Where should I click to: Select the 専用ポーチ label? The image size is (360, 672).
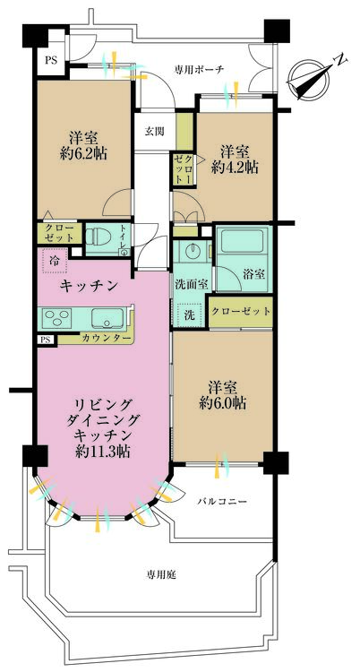coord(199,68)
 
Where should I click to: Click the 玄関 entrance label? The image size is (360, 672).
coord(153,131)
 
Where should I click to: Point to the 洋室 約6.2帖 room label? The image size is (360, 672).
coord(84,147)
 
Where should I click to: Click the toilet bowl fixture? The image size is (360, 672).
coord(103,239)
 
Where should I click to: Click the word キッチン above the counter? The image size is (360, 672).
coord(90,287)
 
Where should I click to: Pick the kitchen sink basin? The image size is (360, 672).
coord(110,318)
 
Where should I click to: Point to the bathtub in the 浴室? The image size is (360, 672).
coord(242,243)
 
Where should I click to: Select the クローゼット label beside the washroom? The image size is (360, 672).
coord(241,311)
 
